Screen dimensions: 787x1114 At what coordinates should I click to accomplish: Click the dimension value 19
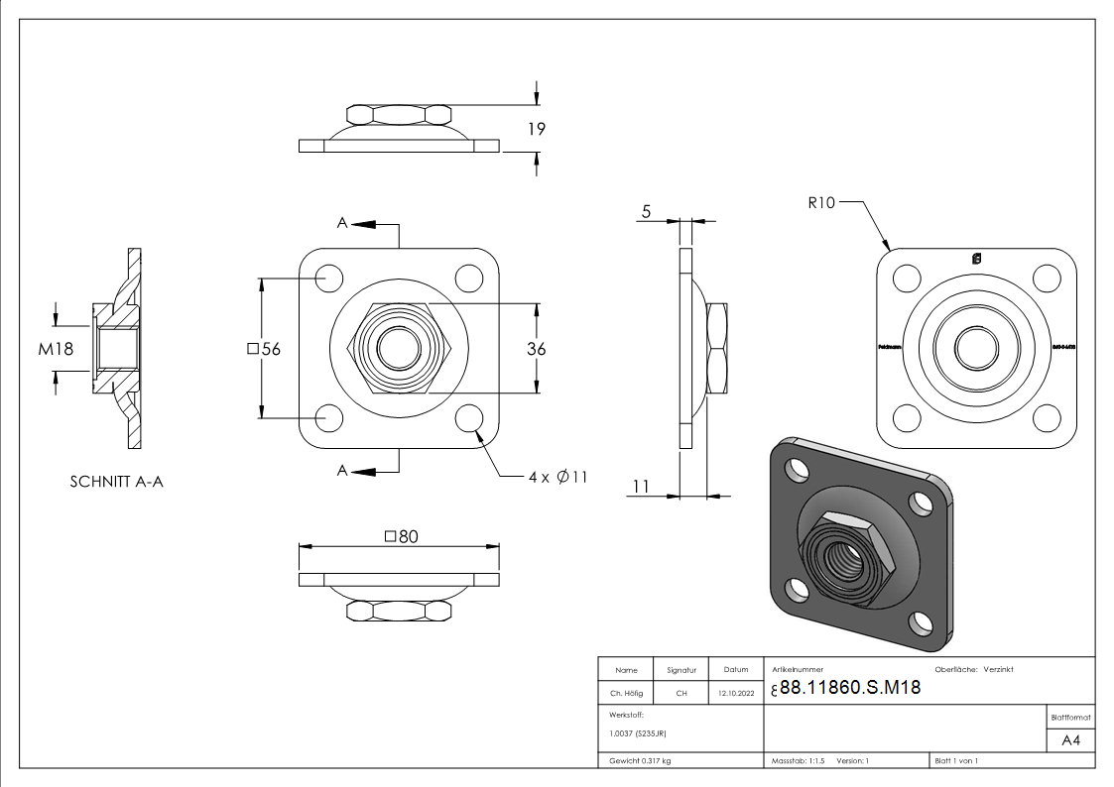[x=537, y=129]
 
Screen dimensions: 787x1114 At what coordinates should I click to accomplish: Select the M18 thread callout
[x=56, y=348]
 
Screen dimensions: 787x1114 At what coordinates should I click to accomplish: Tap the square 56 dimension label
[x=263, y=349]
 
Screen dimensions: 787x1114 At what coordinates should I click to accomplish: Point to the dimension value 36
[x=537, y=349]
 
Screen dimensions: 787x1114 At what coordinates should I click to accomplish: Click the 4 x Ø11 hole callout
[x=557, y=477]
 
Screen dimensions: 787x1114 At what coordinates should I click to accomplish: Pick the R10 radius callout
[x=822, y=203]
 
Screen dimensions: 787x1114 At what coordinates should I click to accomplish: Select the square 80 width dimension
[x=401, y=536]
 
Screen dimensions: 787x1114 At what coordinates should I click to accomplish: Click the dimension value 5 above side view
[x=647, y=210]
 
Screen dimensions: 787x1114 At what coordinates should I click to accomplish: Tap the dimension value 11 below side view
[x=641, y=486]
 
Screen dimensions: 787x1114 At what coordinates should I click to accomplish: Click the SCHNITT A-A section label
[x=117, y=483]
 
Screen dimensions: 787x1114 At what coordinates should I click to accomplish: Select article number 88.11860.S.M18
[x=849, y=690]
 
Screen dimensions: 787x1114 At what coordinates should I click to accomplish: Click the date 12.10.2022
[x=735, y=694]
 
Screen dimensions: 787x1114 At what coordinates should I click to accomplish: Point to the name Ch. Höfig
[x=626, y=694]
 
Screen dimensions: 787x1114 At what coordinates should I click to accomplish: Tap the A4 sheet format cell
[x=1070, y=740]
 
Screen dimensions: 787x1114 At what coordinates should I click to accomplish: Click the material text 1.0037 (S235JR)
[x=637, y=734]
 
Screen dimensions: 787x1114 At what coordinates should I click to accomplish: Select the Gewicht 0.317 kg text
[x=640, y=760]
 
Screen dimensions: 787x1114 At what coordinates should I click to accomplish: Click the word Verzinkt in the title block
[x=998, y=670]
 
